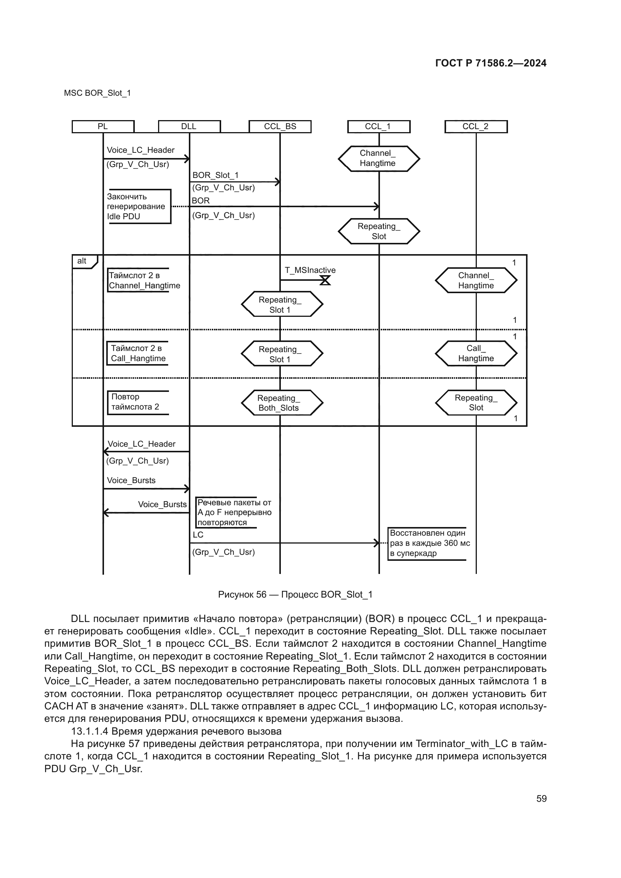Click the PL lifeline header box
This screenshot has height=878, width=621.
pyautogui.click(x=103, y=127)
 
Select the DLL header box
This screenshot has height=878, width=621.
pyautogui.click(x=189, y=127)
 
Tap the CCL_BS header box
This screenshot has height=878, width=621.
pyautogui.click(x=280, y=127)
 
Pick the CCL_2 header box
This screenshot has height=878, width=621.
pyautogui.click(x=476, y=127)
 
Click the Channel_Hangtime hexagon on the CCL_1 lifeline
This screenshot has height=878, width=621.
pyautogui.click(x=378, y=158)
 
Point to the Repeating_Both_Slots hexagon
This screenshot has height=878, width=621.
pyautogui.click(x=282, y=403)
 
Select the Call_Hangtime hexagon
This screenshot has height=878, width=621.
pyautogui.click(x=476, y=353)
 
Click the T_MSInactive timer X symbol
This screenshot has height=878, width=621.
pyautogui.click(x=325, y=280)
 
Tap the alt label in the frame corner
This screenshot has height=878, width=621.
pyautogui.click(x=82, y=261)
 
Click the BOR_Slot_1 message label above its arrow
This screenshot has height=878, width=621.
pyautogui.click(x=215, y=175)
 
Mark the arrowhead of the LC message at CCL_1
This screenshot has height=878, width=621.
pyautogui.click(x=377, y=543)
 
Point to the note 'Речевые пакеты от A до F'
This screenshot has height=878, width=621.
pyautogui.click(x=233, y=512)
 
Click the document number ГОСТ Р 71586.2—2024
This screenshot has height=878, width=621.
pyautogui.click(x=491, y=63)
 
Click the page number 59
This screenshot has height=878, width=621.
pyautogui.click(x=541, y=798)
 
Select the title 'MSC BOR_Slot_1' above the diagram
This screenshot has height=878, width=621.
pyautogui.click(x=97, y=93)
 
